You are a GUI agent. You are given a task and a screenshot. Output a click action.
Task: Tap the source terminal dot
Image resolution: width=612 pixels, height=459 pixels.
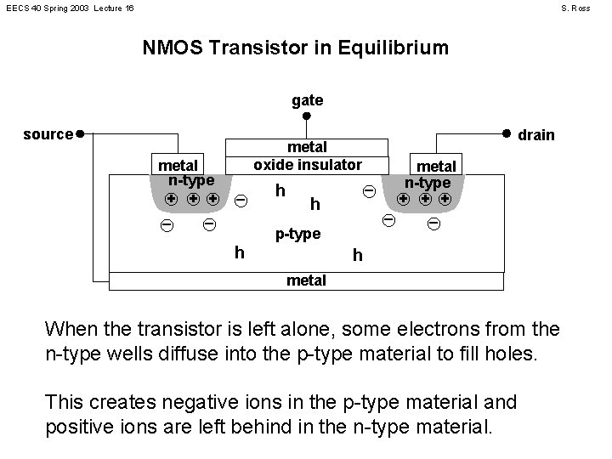[x=79, y=133]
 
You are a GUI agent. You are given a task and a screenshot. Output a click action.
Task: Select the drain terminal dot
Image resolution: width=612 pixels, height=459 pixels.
[x=506, y=133]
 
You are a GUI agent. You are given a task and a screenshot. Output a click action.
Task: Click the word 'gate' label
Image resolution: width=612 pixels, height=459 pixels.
[x=307, y=100]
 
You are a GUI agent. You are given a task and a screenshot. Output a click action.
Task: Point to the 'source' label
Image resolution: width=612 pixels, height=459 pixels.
[x=48, y=134]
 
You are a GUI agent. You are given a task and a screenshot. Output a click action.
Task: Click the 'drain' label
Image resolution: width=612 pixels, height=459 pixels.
[x=536, y=135]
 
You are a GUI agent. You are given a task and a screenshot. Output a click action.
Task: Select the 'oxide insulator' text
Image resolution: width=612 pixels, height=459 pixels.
[x=308, y=164]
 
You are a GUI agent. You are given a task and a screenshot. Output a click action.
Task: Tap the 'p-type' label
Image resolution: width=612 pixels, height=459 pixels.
[x=297, y=234]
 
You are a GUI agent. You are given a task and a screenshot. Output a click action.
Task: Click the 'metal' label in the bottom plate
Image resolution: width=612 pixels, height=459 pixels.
[x=307, y=280]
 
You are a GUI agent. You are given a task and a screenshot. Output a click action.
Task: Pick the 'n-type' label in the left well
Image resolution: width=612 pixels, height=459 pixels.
[x=190, y=180]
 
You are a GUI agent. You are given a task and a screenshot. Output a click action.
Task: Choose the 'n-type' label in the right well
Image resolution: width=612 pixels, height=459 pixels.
[x=427, y=183]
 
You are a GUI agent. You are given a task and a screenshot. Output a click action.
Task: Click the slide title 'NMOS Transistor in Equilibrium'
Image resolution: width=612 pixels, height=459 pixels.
[x=295, y=48]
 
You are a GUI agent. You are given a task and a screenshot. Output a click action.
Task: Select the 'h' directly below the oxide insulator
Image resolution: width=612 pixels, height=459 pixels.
[x=280, y=190]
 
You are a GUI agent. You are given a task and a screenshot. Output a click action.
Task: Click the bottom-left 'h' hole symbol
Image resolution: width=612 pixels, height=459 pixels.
[x=240, y=252]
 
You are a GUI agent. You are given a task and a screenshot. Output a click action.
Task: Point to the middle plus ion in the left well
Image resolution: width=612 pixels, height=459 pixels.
[x=192, y=200]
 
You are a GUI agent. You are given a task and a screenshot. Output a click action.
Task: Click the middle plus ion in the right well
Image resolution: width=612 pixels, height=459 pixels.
[x=423, y=201]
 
